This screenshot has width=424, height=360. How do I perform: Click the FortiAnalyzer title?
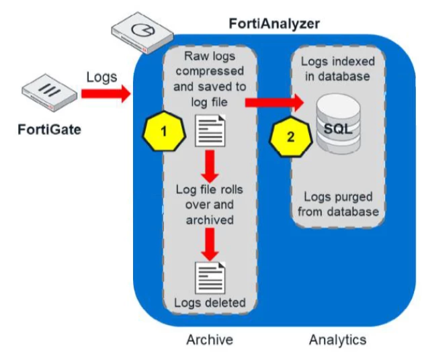pyautogui.click(x=274, y=24)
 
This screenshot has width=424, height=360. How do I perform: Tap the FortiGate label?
pyautogui.click(x=50, y=130)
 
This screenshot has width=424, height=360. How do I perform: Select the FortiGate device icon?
pyautogui.click(x=50, y=93)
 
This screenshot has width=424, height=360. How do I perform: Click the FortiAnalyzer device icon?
pyautogui.click(x=142, y=32)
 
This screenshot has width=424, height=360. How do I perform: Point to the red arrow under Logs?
pyautogui.click(x=106, y=94)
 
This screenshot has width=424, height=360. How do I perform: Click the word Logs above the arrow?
pyautogui.click(x=101, y=77)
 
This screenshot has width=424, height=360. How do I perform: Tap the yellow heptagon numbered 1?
pyautogui.click(x=164, y=131)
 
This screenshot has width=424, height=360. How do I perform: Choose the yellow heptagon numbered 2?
pyautogui.click(x=291, y=137)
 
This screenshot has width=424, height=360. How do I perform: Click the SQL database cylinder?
pyautogui.click(x=338, y=124)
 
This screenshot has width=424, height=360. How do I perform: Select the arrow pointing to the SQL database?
pyautogui.click(x=275, y=103)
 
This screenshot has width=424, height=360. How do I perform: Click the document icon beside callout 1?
pyautogui.click(x=210, y=131)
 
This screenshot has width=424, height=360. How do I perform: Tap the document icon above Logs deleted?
pyautogui.click(x=210, y=278)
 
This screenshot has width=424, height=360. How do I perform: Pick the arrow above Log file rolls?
pyautogui.click(x=210, y=166)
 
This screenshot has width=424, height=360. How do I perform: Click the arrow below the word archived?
pyautogui.click(x=210, y=244)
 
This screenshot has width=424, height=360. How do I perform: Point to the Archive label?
pyautogui.click(x=210, y=340)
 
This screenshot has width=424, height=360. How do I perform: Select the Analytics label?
pyautogui.click(x=338, y=340)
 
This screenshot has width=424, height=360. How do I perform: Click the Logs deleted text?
pyautogui.click(x=210, y=303)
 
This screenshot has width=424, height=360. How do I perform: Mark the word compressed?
pyautogui.click(x=210, y=72)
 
